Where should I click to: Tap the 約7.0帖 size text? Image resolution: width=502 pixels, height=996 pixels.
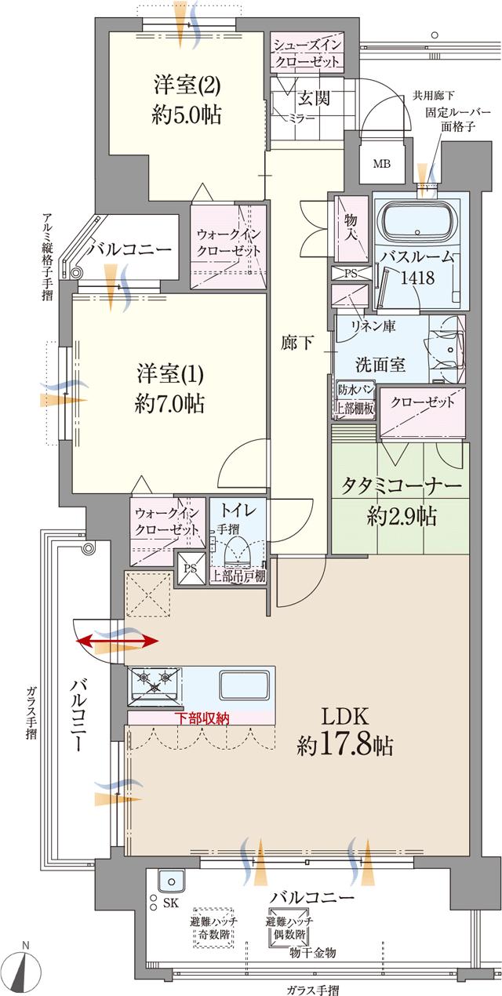(x=169, y=403)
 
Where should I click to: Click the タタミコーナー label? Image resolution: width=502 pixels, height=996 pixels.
(x=400, y=486)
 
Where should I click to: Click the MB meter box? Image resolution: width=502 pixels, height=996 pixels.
(x=382, y=164)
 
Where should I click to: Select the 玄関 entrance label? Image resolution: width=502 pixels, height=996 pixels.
(x=313, y=98)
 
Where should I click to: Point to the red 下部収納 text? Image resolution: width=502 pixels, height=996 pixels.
(x=202, y=718)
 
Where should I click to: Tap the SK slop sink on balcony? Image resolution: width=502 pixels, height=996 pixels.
(x=170, y=881)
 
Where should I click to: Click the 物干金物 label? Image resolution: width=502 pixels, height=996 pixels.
(x=312, y=952)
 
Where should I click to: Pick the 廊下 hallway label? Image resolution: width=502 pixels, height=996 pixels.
(x=297, y=343)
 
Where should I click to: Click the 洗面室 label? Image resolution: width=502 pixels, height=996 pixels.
(x=380, y=364)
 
